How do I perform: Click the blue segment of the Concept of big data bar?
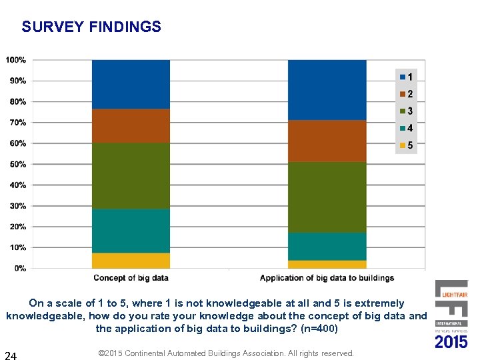click(131, 84)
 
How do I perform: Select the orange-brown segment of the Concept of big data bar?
click(131, 125)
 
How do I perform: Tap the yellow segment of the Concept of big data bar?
click(131, 261)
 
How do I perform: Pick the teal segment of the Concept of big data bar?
click(131, 231)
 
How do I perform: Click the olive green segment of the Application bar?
click(327, 197)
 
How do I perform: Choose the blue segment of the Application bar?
click(327, 90)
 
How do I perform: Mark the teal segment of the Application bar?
click(327, 246)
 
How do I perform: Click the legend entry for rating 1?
click(405, 77)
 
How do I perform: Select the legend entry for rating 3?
click(405, 111)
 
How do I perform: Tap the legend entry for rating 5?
click(405, 145)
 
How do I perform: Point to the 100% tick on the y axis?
click(16, 60)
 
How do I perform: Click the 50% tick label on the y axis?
click(17, 164)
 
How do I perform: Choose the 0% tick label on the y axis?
click(19, 268)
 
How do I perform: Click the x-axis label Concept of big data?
click(131, 278)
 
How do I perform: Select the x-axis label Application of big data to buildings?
click(327, 278)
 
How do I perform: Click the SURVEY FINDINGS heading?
click(91, 27)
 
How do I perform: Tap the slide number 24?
click(11, 355)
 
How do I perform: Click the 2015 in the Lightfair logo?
click(451, 342)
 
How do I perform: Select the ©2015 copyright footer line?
click(226, 353)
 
